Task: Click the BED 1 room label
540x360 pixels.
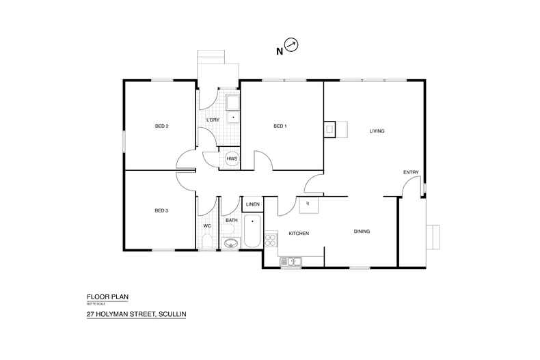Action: pyautogui.click(x=280, y=126)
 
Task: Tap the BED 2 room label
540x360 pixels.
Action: pyautogui.click(x=161, y=126)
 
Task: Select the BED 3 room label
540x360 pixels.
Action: pyautogui.click(x=161, y=210)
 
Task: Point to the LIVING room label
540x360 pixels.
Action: pyautogui.click(x=377, y=130)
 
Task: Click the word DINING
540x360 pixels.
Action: pyautogui.click(x=362, y=232)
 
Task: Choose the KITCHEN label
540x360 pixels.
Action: pyautogui.click(x=299, y=234)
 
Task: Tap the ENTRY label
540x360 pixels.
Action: pyautogui.click(x=411, y=172)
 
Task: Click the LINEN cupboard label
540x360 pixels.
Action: pyautogui.click(x=252, y=204)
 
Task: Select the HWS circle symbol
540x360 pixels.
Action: pyautogui.click(x=232, y=158)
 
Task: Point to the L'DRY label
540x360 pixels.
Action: pyautogui.click(x=213, y=120)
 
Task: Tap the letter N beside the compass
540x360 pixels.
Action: pyautogui.click(x=279, y=51)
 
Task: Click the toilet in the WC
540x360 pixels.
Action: pyautogui.click(x=207, y=241)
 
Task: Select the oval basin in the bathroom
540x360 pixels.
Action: pyautogui.click(x=230, y=243)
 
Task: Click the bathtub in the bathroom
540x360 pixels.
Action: pyautogui.click(x=252, y=232)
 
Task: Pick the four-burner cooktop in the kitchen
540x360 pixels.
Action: pyautogui.click(x=270, y=240)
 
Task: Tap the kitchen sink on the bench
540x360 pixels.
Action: pyautogui.click(x=291, y=260)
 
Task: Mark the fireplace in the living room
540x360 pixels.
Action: pyautogui.click(x=330, y=129)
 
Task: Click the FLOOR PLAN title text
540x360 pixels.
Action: pyautogui.click(x=107, y=297)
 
